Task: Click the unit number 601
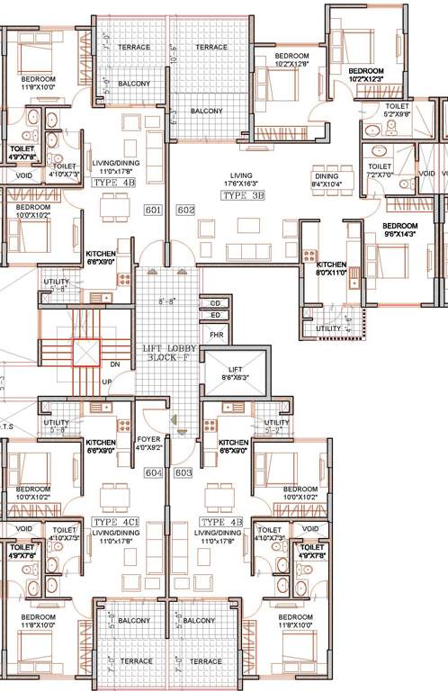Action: [x=153, y=210]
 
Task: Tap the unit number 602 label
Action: [x=186, y=210]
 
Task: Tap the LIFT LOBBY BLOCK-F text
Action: [x=166, y=353]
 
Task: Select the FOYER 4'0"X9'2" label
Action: [x=149, y=443]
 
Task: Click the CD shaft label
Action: [x=215, y=303]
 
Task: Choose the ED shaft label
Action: [x=215, y=315]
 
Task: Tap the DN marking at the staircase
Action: [x=114, y=365]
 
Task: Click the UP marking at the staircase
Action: [x=107, y=382]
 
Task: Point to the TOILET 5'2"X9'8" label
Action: [x=396, y=111]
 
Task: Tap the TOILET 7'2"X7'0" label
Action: [x=380, y=171]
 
